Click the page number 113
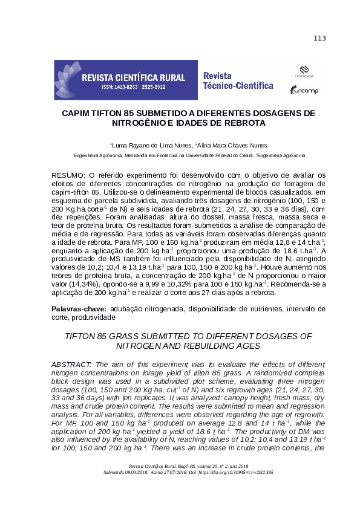(x=319, y=39)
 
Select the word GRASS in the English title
(x=123, y=336)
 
